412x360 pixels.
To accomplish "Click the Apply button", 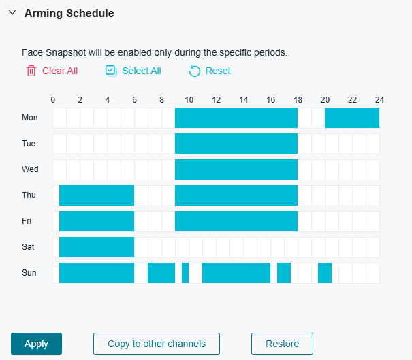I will [36, 344].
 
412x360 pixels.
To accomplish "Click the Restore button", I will [282, 344].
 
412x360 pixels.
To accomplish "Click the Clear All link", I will [60, 71].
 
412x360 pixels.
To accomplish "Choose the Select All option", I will [142, 71].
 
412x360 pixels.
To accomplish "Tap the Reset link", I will [218, 71].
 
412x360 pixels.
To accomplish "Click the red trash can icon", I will [31, 71].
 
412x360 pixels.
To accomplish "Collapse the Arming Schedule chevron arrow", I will [12, 13].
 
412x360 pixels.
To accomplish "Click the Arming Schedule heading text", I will [69, 13].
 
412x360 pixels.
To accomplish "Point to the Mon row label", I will [30, 118].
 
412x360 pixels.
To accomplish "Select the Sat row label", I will [28, 247].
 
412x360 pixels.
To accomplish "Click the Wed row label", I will [30, 169].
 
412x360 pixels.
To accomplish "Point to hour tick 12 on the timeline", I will [216, 100].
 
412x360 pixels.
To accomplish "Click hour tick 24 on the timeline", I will [379, 100].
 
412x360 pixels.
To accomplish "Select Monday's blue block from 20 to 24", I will [352, 118].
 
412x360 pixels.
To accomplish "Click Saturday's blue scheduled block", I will [97, 247].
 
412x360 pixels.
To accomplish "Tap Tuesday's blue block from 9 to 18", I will [236, 144].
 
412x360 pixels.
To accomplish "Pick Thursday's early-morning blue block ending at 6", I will [97, 195].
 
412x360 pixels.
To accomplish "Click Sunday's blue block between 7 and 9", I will [161, 273].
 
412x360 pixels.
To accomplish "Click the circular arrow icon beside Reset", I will [195, 71].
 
